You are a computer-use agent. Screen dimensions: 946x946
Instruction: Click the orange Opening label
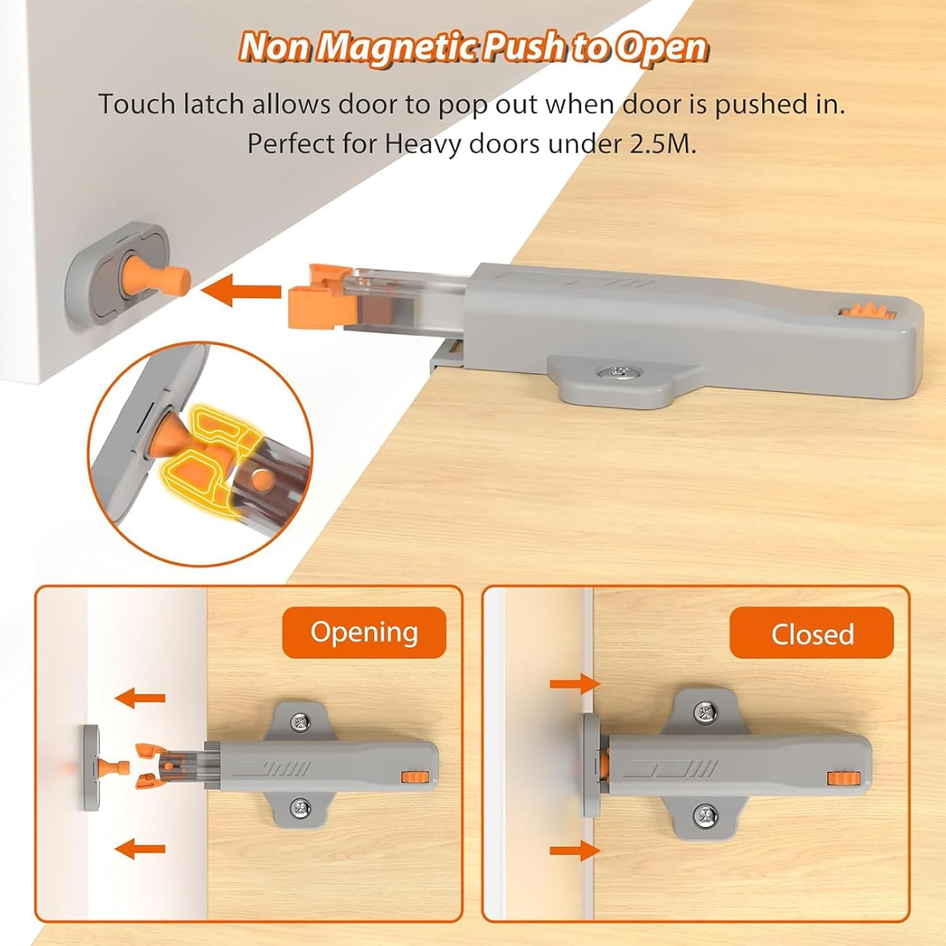(364, 633)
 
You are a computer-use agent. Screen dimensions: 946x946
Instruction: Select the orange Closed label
(812, 634)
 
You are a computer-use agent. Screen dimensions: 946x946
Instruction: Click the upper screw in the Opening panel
(300, 721)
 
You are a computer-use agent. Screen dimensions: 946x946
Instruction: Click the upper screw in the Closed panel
(704, 712)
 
